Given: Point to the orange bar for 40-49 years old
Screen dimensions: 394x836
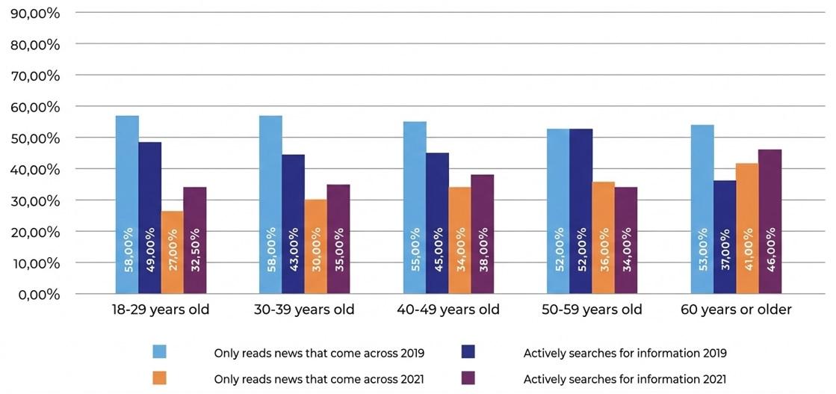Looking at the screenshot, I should click(x=459, y=240).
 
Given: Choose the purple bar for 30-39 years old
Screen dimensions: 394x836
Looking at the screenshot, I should click(x=338, y=238).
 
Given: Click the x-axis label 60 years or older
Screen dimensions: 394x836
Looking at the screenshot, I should click(x=736, y=310).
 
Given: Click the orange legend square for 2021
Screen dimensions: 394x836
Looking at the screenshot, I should click(x=159, y=378).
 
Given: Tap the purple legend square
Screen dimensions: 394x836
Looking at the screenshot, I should click(x=470, y=378).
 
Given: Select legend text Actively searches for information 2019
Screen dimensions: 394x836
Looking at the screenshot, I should click(x=625, y=353).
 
